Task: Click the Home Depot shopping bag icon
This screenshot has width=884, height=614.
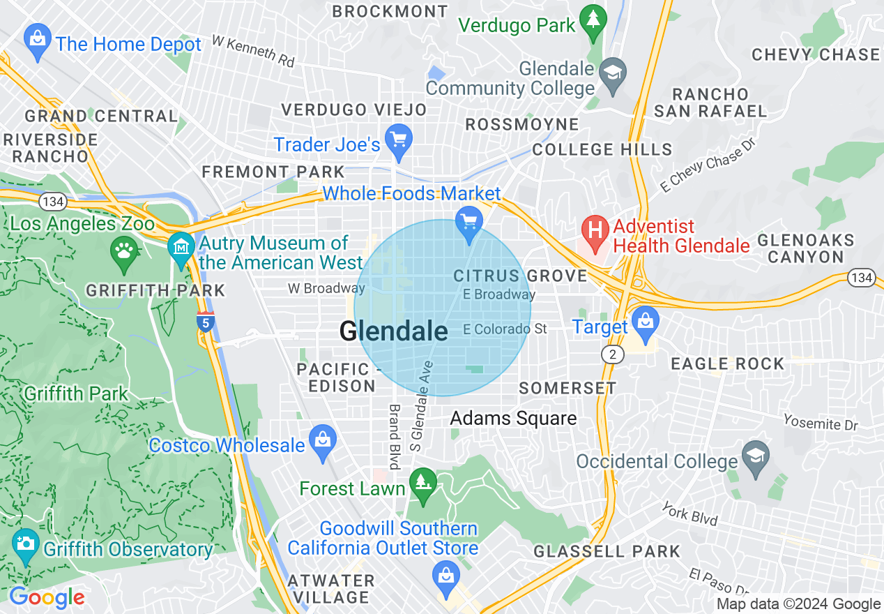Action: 37,42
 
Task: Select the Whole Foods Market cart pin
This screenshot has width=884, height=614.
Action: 469,224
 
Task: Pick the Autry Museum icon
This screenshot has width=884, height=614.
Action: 182,248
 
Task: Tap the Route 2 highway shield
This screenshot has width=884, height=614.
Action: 612,355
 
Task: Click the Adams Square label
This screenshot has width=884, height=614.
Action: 513,418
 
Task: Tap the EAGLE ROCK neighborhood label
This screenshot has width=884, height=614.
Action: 727,364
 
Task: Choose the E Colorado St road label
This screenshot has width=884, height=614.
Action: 505,329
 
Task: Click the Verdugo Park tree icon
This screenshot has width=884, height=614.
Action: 593,23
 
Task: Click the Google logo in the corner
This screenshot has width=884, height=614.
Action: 47,598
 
